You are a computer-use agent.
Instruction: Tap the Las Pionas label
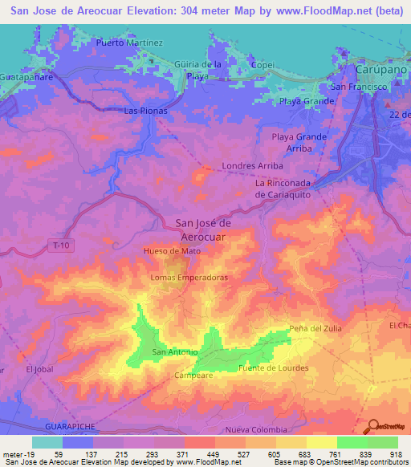pyautogui.click(x=142, y=112)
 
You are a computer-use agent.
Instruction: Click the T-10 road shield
pyautogui.click(x=55, y=244)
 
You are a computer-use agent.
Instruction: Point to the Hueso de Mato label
pyautogui.click(x=172, y=250)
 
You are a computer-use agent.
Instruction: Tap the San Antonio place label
pyautogui.click(x=171, y=352)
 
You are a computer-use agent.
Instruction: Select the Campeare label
pyautogui.click(x=192, y=374)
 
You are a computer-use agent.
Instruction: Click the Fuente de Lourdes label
pyautogui.click(x=274, y=368)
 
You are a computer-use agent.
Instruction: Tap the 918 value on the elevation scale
pyautogui.click(x=396, y=455)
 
